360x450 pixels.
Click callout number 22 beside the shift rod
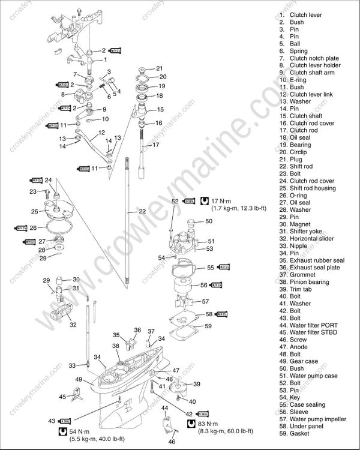point(142,211)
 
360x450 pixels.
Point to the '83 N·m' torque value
point(193,424)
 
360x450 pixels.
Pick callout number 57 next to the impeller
point(205,301)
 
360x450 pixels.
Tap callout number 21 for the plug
point(159,68)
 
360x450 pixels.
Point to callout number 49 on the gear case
point(79,379)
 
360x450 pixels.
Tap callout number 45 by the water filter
point(62,397)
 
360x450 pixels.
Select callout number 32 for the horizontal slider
point(73,325)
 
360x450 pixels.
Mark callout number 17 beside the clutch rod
point(156,145)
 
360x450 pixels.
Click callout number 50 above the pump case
point(208,221)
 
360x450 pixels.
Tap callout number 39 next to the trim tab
point(196,384)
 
